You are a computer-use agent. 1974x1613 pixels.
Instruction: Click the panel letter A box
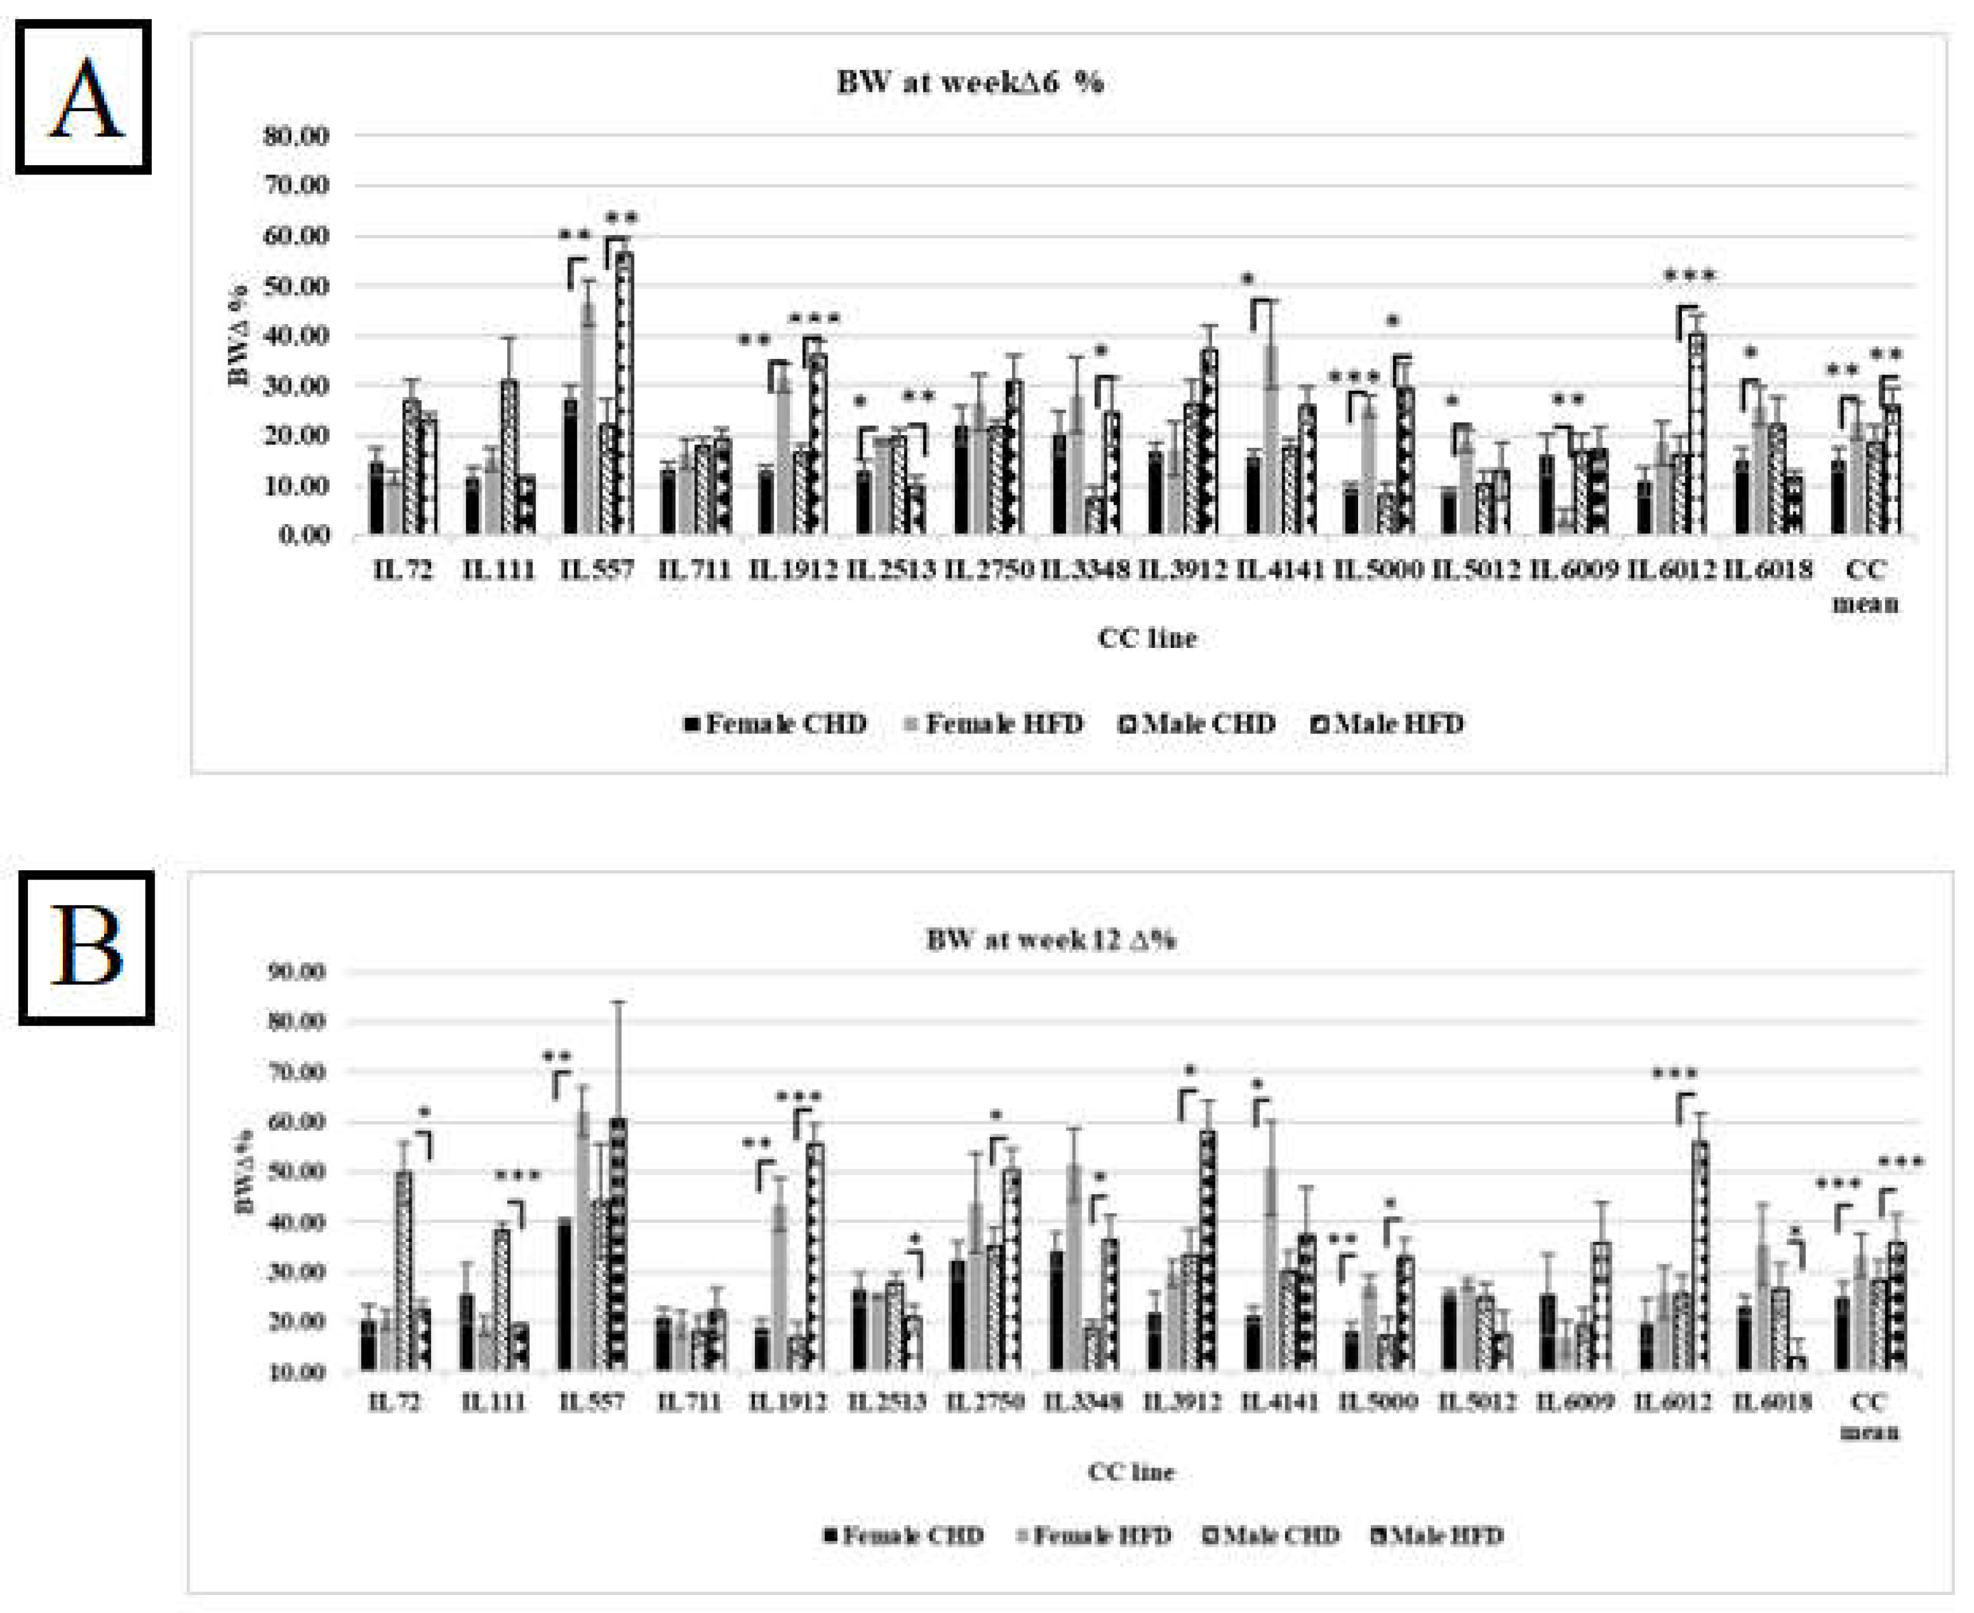point(84,97)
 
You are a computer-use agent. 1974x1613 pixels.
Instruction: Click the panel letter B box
point(87,947)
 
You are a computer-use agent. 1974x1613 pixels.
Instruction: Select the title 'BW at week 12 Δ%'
point(1050,941)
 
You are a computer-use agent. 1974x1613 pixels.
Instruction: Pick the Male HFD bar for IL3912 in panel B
point(1207,1249)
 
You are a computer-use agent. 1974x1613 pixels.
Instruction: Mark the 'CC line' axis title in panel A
point(1148,638)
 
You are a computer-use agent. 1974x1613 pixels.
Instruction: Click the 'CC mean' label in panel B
point(1870,1416)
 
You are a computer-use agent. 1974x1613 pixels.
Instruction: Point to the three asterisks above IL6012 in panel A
point(1689,276)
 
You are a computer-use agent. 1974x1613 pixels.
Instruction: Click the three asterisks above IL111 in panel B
point(518,1177)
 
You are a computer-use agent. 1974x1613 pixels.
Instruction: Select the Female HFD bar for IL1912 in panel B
point(781,1287)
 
